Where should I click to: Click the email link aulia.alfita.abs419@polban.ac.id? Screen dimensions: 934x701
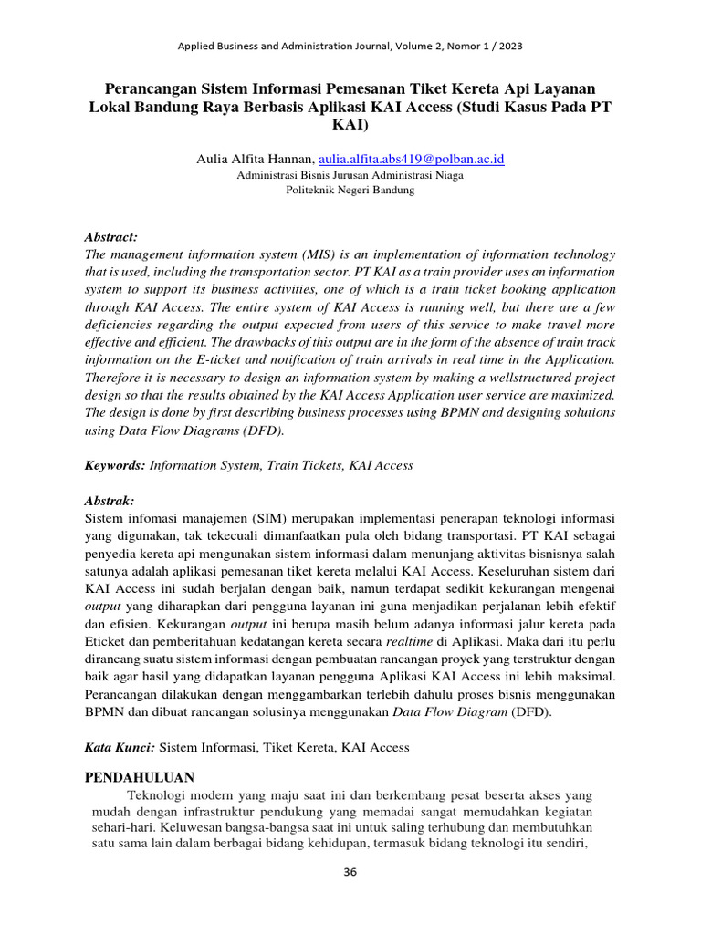point(412,159)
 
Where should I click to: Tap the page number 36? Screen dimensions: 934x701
point(350,872)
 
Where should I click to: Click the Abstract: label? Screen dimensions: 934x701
point(111,235)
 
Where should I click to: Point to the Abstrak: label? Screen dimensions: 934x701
point(110,501)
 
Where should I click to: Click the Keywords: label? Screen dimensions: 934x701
point(115,465)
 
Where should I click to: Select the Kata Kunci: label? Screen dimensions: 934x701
point(120,747)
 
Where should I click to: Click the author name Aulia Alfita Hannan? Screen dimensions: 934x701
point(255,159)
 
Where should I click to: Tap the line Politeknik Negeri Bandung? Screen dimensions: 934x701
point(350,191)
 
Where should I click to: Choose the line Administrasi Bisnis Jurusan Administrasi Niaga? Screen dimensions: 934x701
point(350,175)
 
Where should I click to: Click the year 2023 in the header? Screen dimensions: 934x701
point(507,45)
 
